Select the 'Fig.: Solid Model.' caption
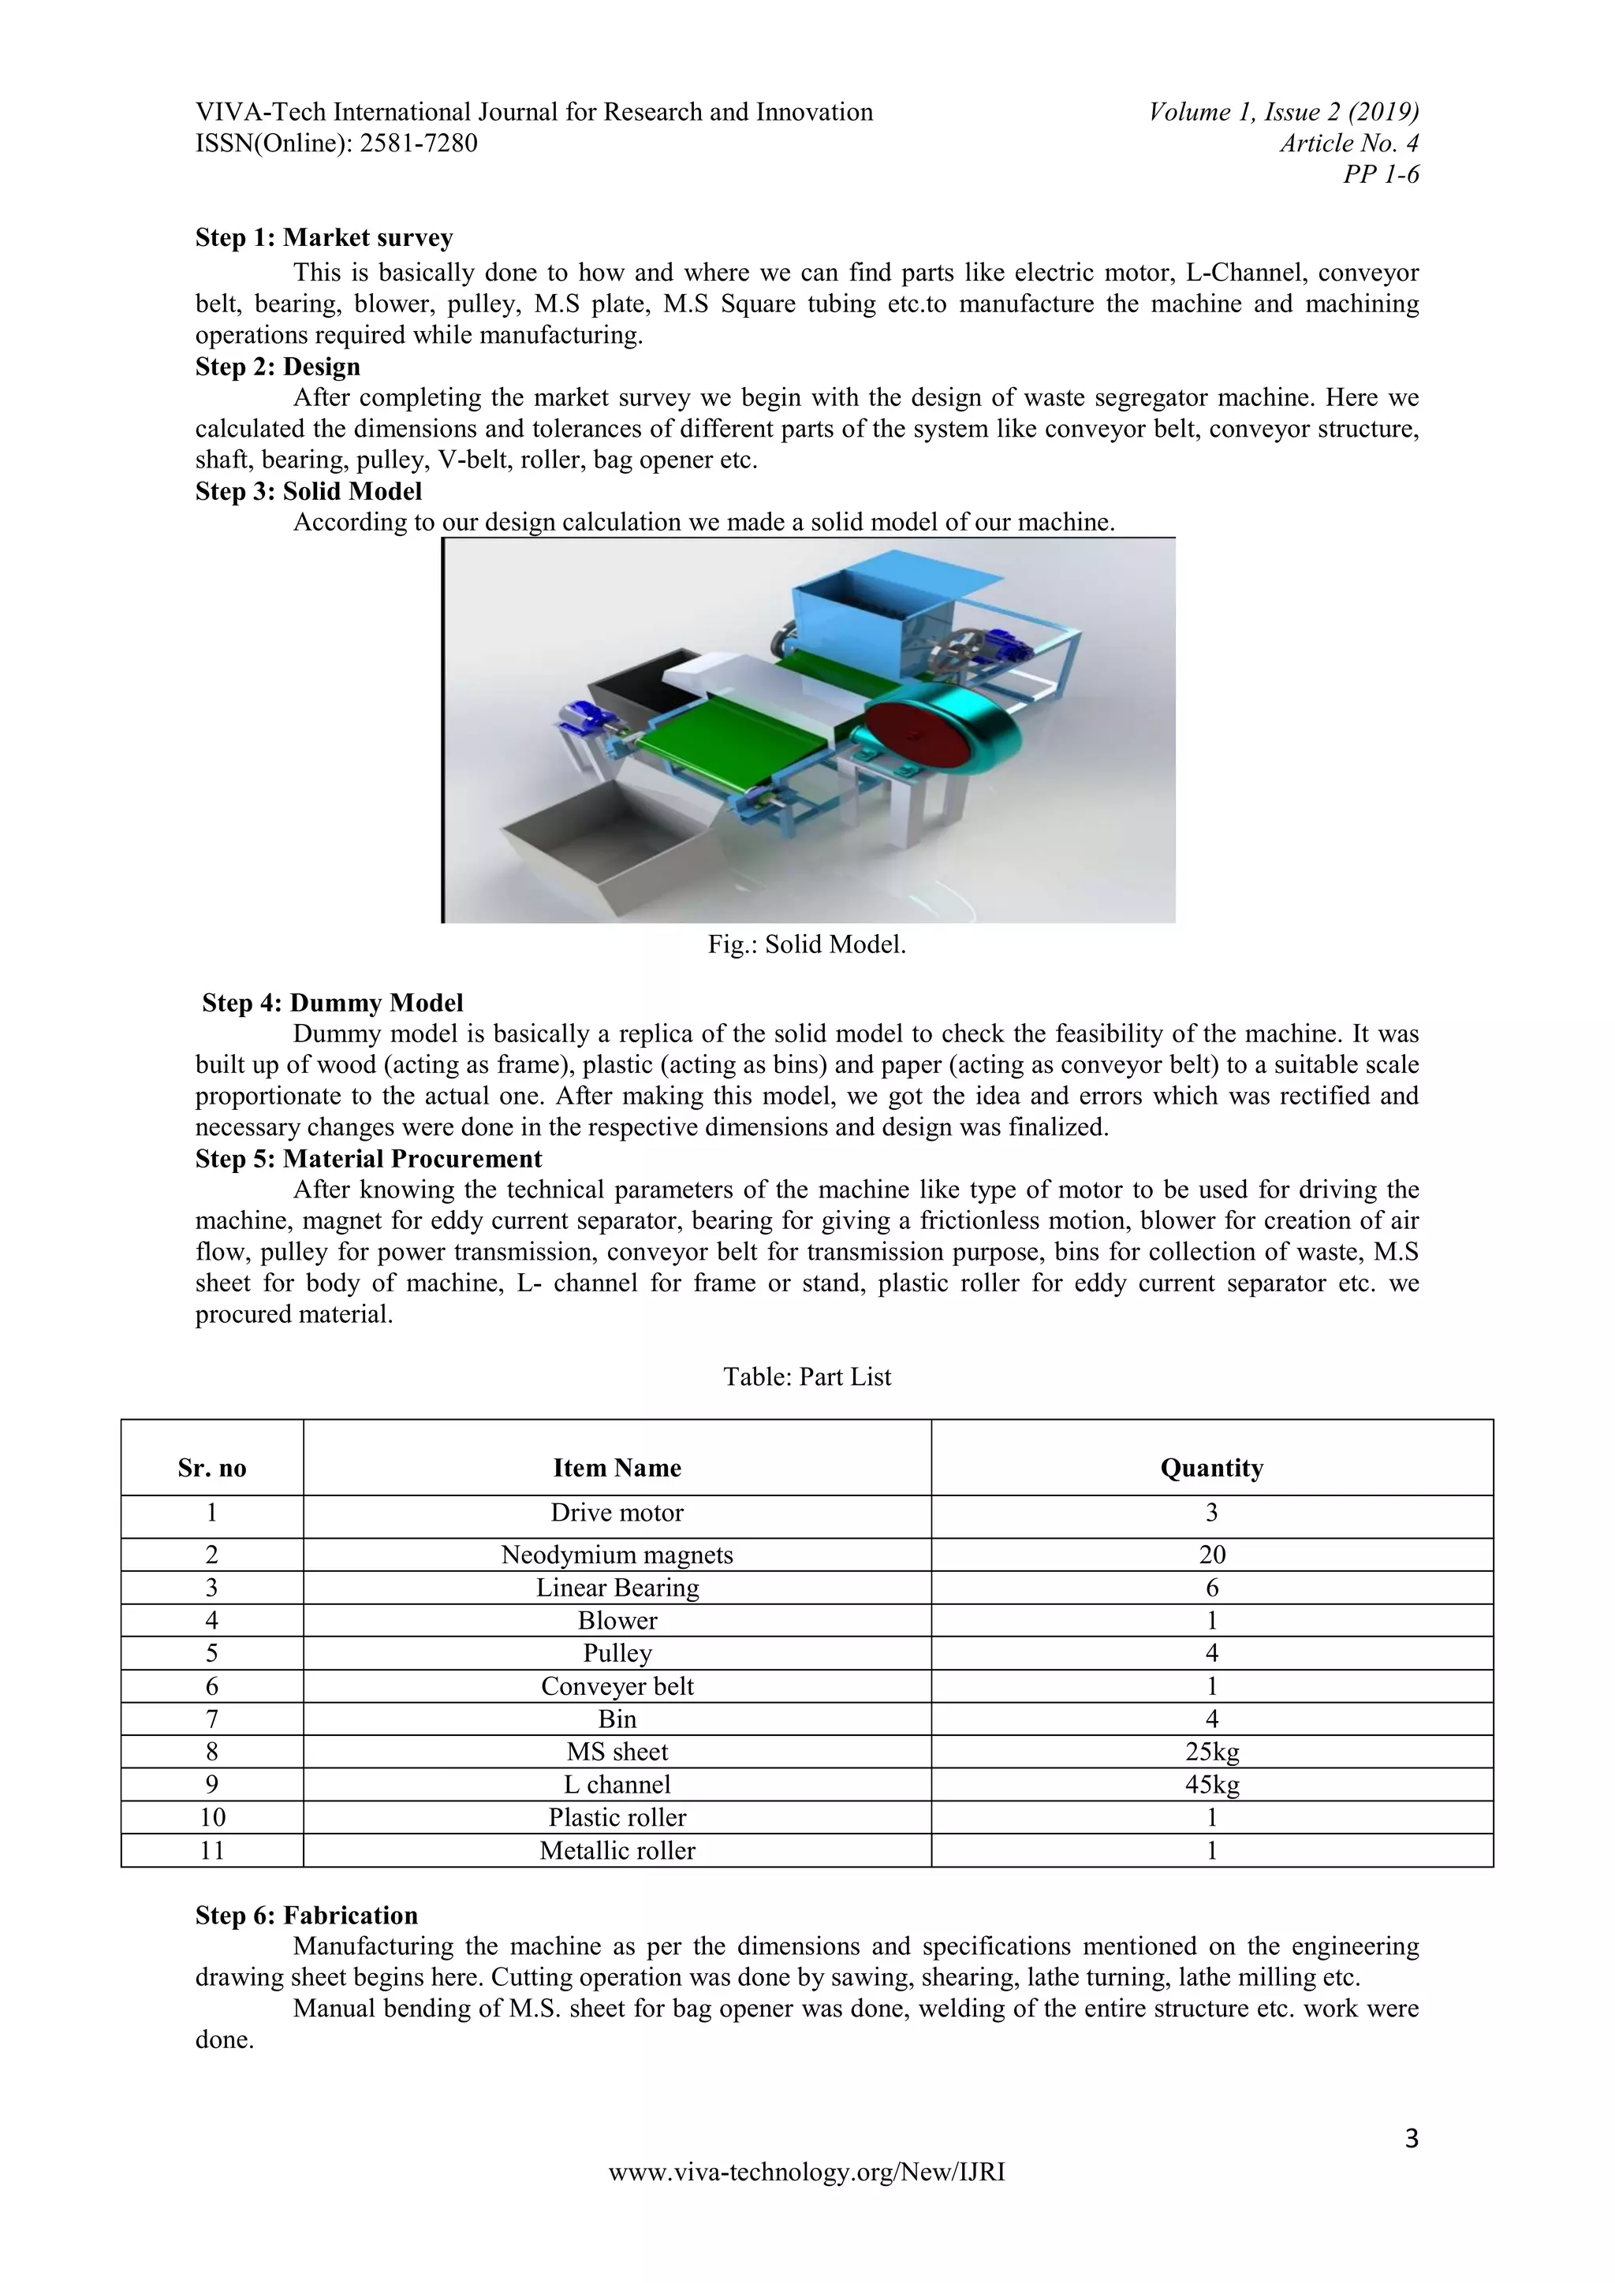coord(807,944)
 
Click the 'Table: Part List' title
coord(807,1376)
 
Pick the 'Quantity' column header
coord(1211,1468)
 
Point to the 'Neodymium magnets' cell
coord(617,1555)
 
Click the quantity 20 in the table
coord(1211,1555)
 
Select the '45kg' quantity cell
coord(1211,1785)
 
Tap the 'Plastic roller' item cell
coord(617,1818)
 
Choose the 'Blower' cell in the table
coord(617,1621)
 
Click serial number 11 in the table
coord(212,1850)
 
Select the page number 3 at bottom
coord(1411,2138)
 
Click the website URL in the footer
coord(807,2173)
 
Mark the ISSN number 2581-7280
coord(418,143)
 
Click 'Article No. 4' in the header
coord(1348,143)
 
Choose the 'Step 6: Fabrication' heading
coord(306,1916)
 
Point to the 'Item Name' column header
coord(617,1468)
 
